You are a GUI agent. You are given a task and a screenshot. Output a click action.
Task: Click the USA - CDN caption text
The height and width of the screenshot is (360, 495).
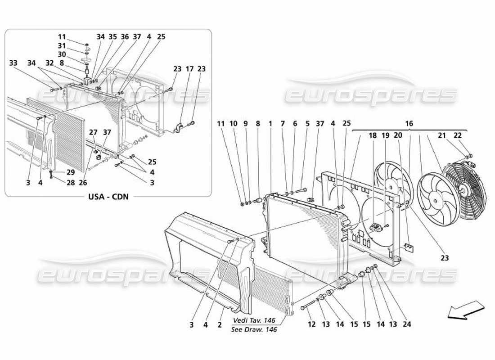tap(108, 197)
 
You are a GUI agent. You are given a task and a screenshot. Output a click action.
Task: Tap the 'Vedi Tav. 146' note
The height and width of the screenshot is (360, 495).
tap(254, 320)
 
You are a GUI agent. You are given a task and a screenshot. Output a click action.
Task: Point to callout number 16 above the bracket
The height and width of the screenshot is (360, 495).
tap(409, 123)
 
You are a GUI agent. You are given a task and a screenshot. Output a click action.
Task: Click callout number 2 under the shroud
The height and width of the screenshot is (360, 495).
tap(220, 324)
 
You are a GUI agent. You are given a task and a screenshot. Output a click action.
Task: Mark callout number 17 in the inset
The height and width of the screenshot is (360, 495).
tap(189, 69)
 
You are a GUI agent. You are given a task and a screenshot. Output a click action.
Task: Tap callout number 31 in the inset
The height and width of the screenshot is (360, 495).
tap(62, 45)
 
